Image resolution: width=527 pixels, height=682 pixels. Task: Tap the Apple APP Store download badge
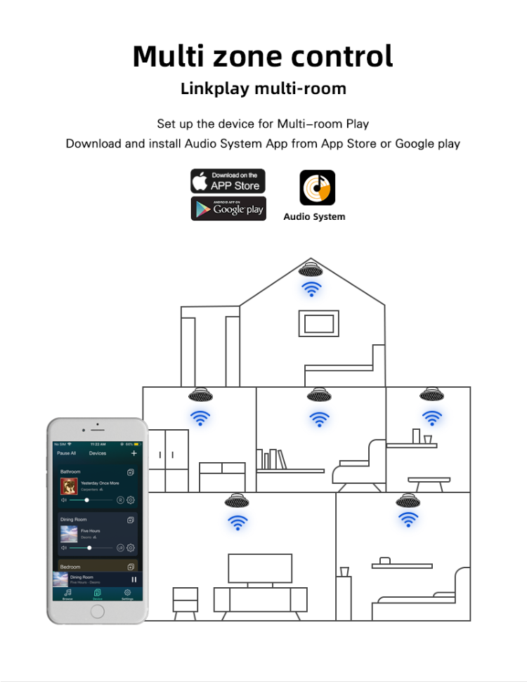[x=228, y=181]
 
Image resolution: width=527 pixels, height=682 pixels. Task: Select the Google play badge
[x=228, y=209]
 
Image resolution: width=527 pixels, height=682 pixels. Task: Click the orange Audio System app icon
[x=318, y=188]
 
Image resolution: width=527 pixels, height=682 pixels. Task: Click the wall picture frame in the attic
[x=318, y=323]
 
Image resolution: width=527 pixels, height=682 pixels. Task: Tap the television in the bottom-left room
[x=259, y=568]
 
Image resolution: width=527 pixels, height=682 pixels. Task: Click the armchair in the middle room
[x=358, y=467]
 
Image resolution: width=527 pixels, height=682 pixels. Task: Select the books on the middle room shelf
[x=278, y=459]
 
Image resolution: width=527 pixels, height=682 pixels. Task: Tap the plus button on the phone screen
[x=134, y=453]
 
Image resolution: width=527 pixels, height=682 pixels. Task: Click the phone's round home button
[x=97, y=611]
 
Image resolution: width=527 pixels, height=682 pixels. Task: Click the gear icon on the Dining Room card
[x=131, y=548]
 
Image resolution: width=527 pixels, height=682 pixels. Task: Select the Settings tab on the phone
[x=127, y=594]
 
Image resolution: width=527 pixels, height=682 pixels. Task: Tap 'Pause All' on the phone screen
[x=66, y=454]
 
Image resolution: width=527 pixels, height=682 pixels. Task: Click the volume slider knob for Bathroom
[x=86, y=500]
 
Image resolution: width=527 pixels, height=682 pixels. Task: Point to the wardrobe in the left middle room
[x=168, y=460]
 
